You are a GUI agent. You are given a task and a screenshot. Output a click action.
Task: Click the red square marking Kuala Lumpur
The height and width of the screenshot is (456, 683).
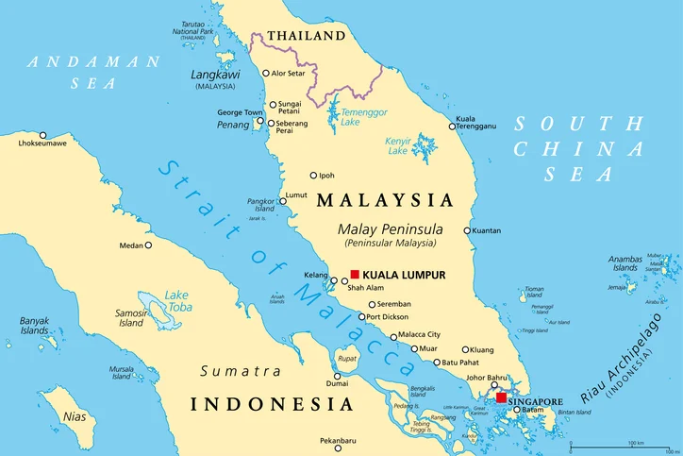[355, 274]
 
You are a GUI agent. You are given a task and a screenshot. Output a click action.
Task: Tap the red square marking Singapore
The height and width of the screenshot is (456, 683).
[500, 397]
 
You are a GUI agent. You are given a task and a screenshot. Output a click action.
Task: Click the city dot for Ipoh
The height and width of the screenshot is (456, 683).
[314, 175]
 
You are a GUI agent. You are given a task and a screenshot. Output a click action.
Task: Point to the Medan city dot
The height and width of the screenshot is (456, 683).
[148, 245]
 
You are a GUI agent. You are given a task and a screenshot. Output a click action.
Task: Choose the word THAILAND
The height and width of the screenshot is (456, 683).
[306, 36]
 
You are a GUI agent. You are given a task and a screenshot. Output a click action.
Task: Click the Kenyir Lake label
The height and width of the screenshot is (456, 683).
[398, 146]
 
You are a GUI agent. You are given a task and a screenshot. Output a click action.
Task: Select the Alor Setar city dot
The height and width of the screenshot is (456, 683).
[264, 72]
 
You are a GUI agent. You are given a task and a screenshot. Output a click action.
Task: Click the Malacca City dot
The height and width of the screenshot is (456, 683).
[393, 336]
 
